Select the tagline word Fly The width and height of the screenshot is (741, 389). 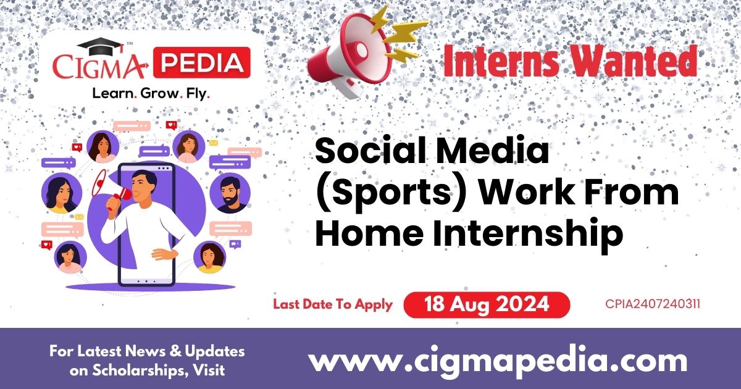pyautogui.click(x=196, y=94)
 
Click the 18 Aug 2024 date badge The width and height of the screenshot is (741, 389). pyautogui.click(x=487, y=304)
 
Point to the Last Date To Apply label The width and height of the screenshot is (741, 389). pyautogui.click(x=332, y=304)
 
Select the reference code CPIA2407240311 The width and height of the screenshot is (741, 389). pyautogui.click(x=653, y=304)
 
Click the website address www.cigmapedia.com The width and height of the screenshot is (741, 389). pyautogui.click(x=498, y=361)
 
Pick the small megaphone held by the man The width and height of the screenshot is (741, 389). pyautogui.click(x=116, y=189)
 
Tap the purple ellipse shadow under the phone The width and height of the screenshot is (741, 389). pyautogui.click(x=151, y=287)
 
